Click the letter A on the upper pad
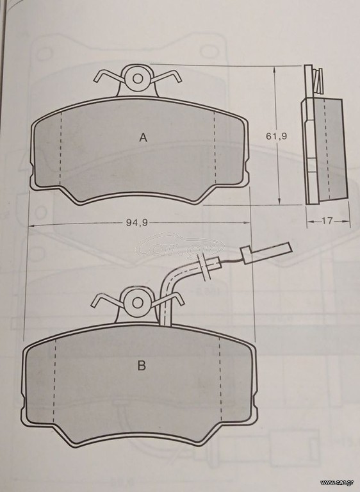coord(143,138)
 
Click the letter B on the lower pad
coord(142,366)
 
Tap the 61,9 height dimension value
coord(277,136)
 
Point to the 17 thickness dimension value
coord(327,221)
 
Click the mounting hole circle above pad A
coord(138,78)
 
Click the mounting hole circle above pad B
coord(138,303)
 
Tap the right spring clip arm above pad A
coord(167,76)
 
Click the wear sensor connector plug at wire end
coord(266,252)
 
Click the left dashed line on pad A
coord(60,148)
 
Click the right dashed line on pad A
coord(215,147)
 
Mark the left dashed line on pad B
coord(54,381)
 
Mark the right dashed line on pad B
coord(220,379)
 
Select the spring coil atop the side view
coord(318,80)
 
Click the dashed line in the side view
coord(327,149)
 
